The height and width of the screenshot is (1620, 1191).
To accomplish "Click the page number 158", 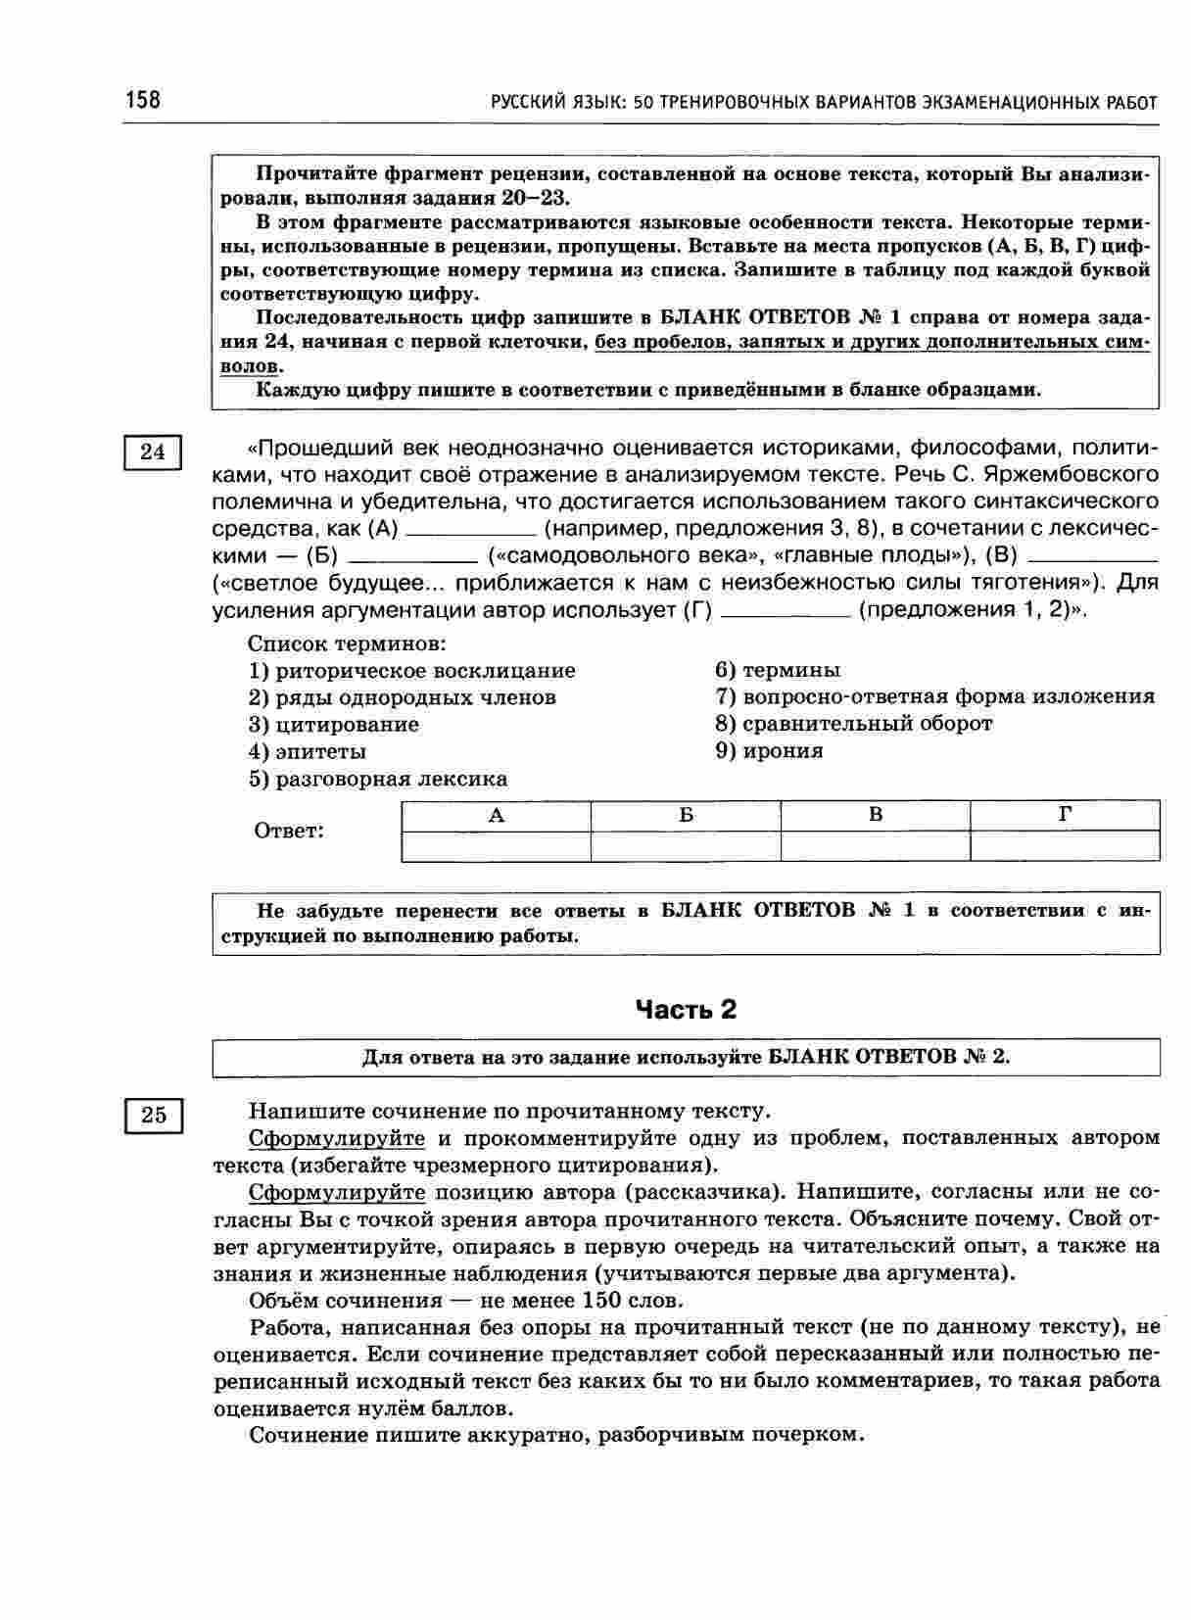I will tap(143, 100).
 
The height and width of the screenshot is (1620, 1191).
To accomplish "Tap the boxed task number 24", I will tap(154, 453).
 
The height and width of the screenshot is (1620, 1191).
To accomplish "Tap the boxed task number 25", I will tap(154, 1116).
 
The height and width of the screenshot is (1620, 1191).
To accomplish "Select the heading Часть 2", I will tap(686, 1010).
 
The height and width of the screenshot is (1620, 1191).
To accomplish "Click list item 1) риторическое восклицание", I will tap(411, 671).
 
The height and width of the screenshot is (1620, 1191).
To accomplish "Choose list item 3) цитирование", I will tap(333, 725).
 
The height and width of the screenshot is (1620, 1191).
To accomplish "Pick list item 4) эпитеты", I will tap(308, 752).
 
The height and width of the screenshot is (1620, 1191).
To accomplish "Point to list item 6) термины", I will tap(778, 671).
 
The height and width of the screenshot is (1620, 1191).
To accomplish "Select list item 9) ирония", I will tap(769, 751).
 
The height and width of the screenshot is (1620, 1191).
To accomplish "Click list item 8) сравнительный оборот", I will tap(853, 724).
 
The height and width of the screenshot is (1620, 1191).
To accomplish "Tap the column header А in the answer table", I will tap(496, 816).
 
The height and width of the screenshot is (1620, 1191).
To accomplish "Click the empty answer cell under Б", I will tap(686, 846).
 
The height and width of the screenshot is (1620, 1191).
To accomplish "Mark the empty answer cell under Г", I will tap(1065, 846).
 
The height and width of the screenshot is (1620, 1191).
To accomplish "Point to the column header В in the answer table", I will tap(876, 816).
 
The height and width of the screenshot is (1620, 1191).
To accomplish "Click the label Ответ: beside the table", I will tap(289, 832).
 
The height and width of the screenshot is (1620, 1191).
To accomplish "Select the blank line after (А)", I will tap(470, 534).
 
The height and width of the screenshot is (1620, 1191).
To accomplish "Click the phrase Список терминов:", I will tap(347, 644).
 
